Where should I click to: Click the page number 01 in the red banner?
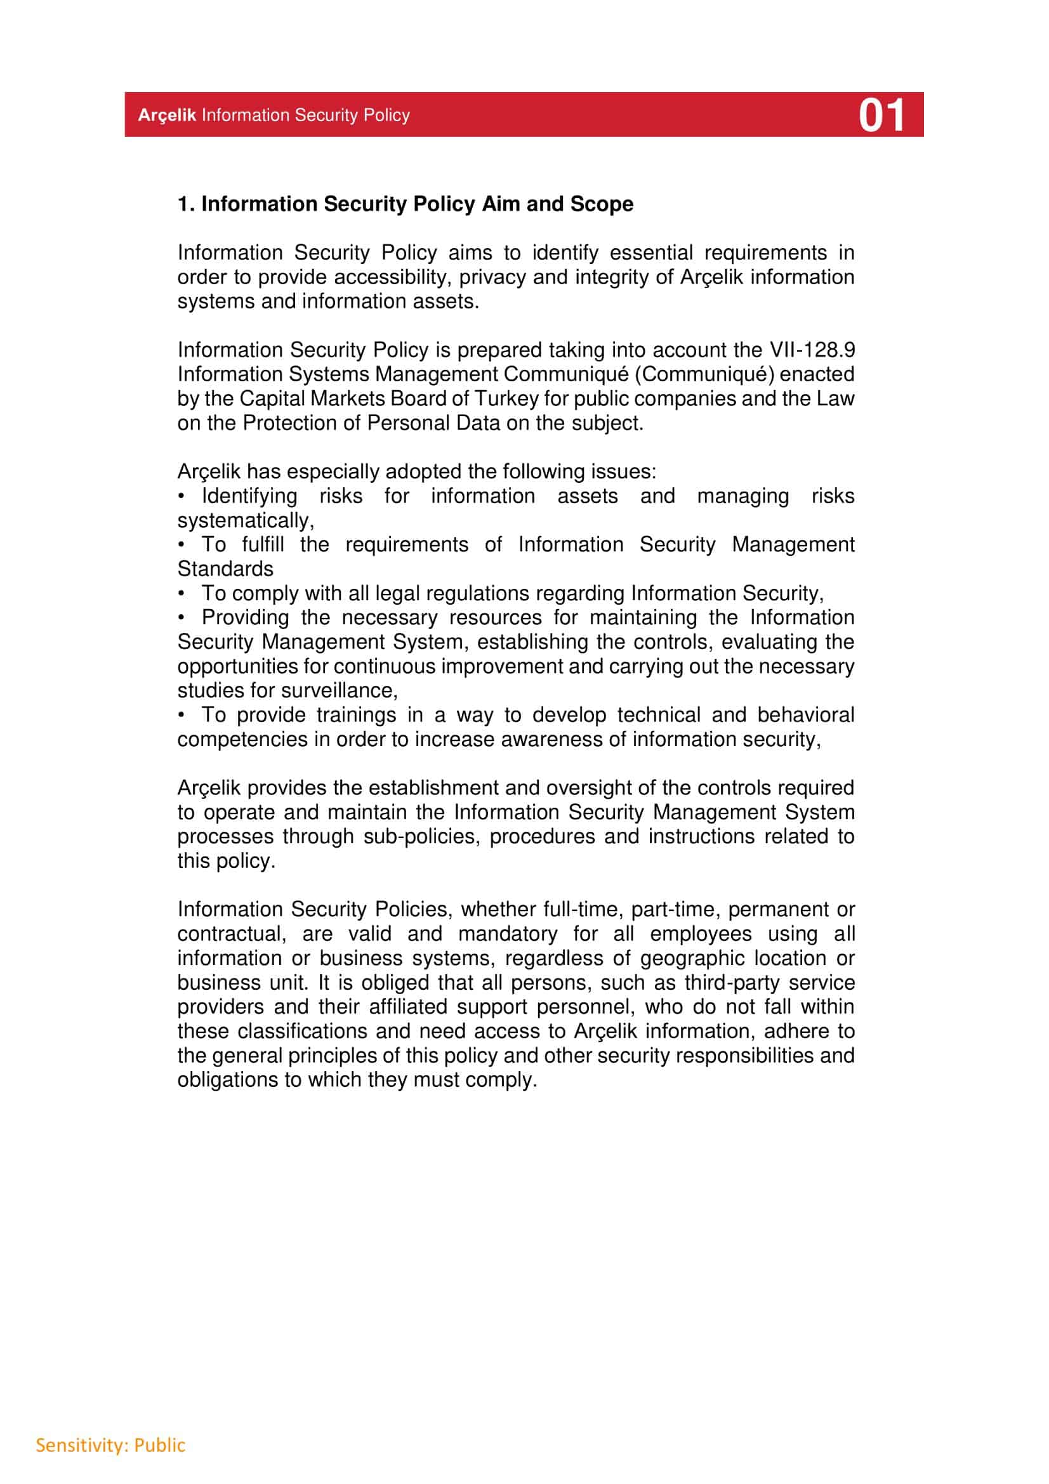881,115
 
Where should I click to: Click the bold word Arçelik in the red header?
167,115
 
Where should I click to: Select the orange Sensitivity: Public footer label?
110,1445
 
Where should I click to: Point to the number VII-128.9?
812,350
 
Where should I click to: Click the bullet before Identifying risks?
182,496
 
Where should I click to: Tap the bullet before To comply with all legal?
182,593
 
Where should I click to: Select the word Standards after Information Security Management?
225,569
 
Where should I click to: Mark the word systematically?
246,521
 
